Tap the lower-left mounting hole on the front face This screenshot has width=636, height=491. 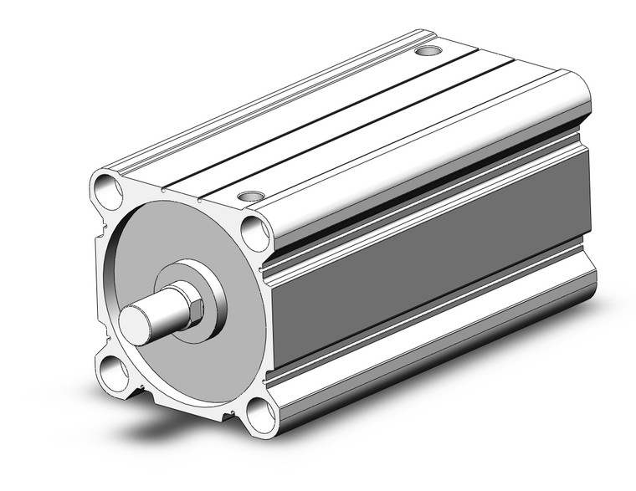pyautogui.click(x=110, y=370)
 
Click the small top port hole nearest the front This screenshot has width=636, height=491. pyautogui.click(x=249, y=197)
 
